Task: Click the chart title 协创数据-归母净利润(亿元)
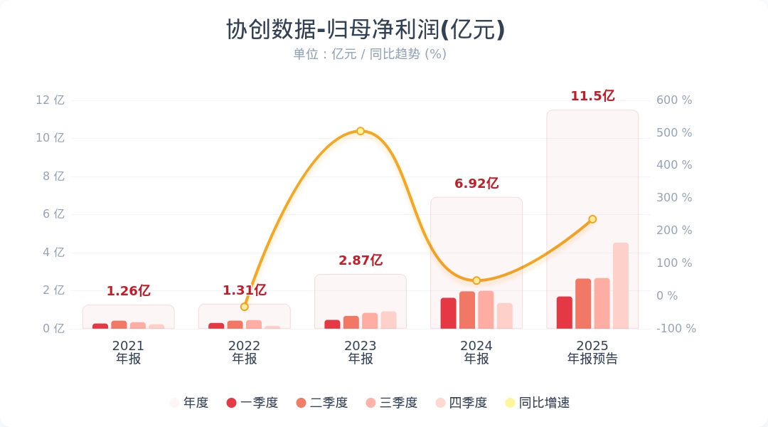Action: point(366,30)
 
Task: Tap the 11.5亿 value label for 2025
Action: point(592,96)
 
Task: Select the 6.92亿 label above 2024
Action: point(476,184)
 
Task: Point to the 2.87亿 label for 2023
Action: point(361,260)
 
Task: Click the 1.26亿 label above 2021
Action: point(129,291)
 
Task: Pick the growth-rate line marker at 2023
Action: point(361,131)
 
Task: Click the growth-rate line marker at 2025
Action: point(592,219)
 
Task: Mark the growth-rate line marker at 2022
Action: point(245,307)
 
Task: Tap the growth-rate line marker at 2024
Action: point(476,280)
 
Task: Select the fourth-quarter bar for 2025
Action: point(621,286)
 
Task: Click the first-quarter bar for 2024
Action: point(448,313)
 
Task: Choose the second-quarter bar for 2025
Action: point(583,304)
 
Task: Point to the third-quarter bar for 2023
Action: point(370,321)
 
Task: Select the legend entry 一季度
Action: point(252,403)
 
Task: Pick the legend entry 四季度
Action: point(461,403)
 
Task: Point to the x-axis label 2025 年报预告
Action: point(592,352)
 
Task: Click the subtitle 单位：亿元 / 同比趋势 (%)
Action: point(370,54)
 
